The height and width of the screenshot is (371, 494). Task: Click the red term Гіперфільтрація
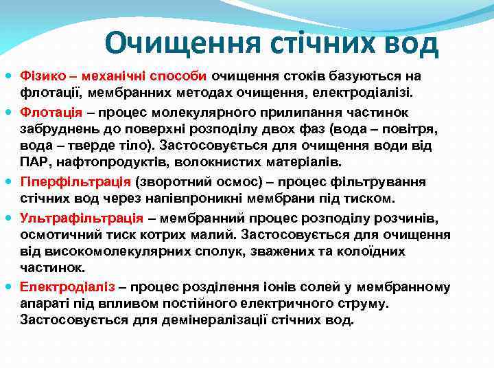pos(75,182)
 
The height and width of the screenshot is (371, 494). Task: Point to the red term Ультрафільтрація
pos(82,217)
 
